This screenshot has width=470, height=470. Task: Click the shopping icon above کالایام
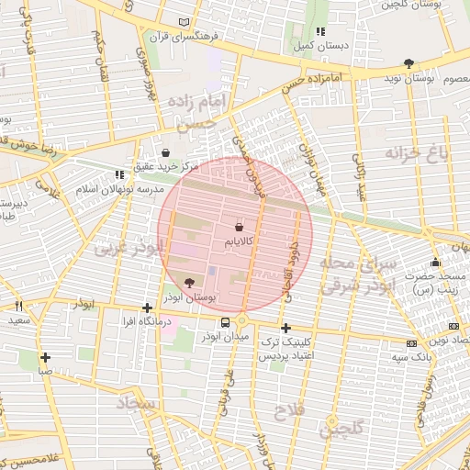tap(239, 225)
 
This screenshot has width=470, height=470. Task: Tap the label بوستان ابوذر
tap(190, 298)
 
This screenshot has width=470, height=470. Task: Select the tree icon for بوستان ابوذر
tap(190, 284)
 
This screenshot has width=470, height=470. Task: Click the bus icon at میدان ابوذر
tap(225, 322)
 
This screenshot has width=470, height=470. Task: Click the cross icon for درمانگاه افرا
tap(147, 308)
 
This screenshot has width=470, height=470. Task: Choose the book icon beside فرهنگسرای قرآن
tap(186, 22)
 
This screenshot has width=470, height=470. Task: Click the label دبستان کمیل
tap(318, 45)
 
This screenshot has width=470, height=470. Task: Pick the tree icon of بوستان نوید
tap(408, 63)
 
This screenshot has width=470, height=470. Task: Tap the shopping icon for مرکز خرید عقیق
tap(165, 152)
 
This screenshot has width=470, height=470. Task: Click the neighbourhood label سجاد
tap(134, 402)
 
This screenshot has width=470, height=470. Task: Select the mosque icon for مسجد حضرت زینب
tap(435, 263)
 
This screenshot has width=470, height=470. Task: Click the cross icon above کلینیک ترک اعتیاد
tap(285, 328)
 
